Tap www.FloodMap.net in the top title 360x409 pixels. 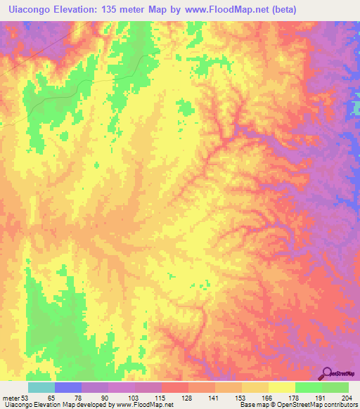(221, 10)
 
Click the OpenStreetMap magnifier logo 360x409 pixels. (327, 373)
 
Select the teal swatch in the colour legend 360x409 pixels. (41, 387)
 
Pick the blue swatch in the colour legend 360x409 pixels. (68, 387)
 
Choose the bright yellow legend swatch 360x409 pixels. (281, 387)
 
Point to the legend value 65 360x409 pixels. (50, 398)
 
